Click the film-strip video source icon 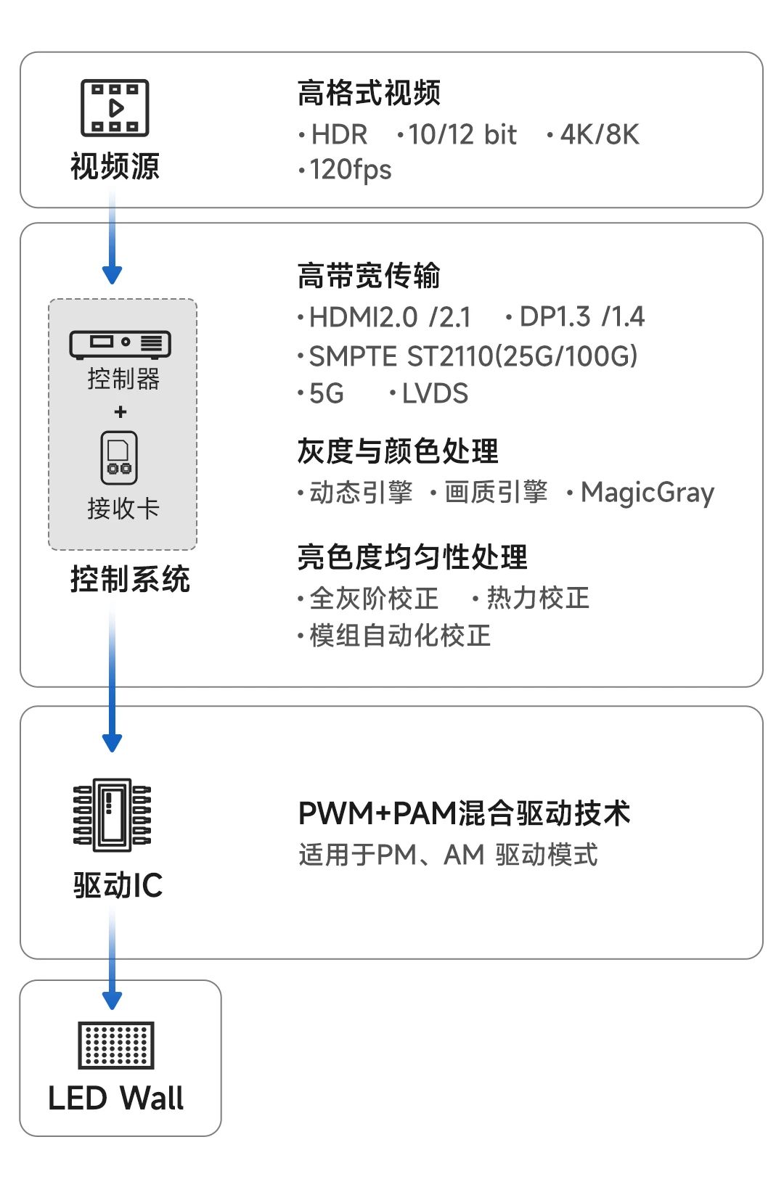115,108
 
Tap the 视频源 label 115,166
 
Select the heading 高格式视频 369,93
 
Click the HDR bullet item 333,134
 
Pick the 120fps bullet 346,171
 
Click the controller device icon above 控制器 120,344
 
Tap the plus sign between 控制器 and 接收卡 121,412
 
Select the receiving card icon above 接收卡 119,458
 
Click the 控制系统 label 130,579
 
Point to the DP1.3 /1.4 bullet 576,317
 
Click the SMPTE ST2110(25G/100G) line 468,356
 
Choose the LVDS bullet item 429,394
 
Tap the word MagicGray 648,493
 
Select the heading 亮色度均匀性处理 412,557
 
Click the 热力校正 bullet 531,598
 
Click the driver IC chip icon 112,815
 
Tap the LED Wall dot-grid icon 116,1046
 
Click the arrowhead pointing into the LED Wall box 112,1001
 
